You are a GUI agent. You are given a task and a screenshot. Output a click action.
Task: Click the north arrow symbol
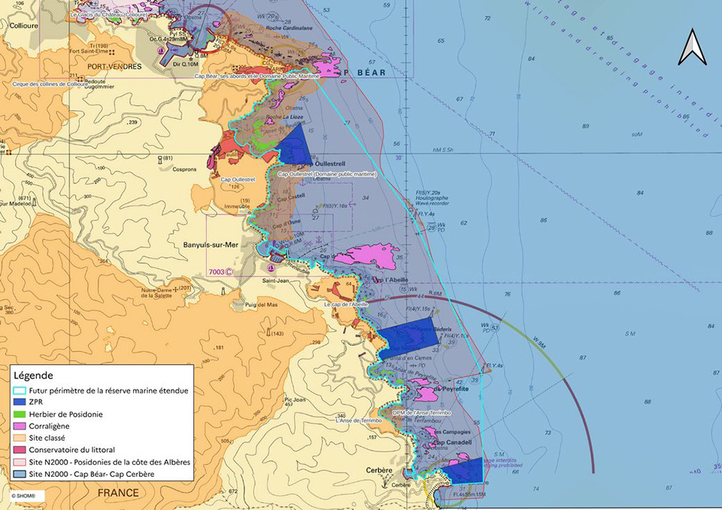coord(690,47)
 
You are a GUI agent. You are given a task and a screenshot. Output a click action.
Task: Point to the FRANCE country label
coord(117,493)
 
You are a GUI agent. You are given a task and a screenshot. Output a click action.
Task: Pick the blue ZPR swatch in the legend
coord(20,402)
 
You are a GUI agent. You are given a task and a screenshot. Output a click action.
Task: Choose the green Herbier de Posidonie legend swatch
coord(20,414)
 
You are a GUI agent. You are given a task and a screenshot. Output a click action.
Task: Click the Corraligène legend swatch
coord(20,426)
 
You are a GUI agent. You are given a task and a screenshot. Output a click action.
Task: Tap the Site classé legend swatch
coord(20,438)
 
